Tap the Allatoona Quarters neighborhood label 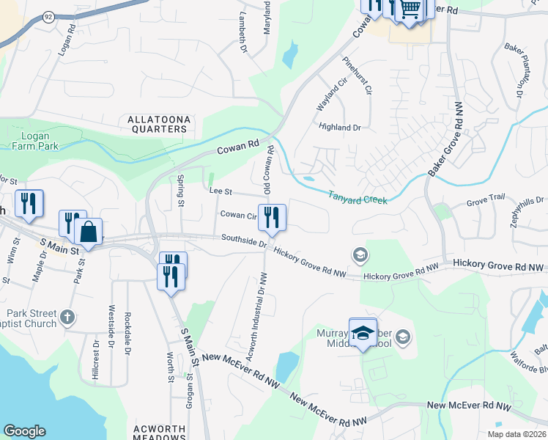(x=158, y=124)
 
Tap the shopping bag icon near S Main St (x=88, y=232)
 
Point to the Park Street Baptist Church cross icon (x=67, y=318)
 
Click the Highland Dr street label (x=340, y=128)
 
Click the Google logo (x=24, y=431)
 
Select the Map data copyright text (x=516, y=434)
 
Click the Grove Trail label (x=486, y=197)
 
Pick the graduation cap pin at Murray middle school (x=363, y=334)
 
